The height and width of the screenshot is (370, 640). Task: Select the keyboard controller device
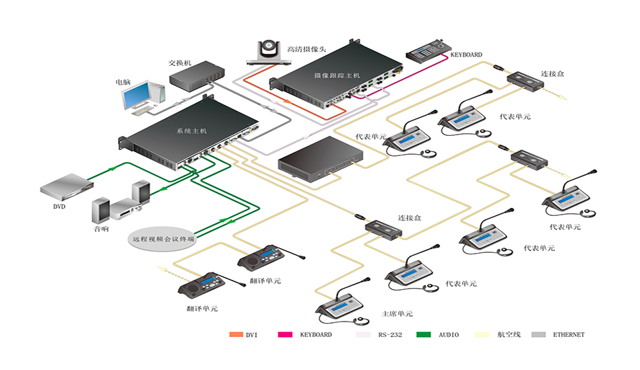click(x=426, y=50)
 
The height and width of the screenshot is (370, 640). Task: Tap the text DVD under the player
click(x=59, y=207)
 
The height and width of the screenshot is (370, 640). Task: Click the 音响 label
click(x=101, y=229)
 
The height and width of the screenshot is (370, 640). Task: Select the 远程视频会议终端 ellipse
click(x=163, y=238)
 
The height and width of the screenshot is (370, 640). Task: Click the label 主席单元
click(x=397, y=314)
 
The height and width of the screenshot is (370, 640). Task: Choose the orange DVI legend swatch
click(x=235, y=334)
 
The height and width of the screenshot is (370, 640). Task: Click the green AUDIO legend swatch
click(x=423, y=334)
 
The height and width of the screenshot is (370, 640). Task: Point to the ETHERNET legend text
click(x=569, y=334)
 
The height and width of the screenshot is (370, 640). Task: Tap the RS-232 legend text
click(x=390, y=334)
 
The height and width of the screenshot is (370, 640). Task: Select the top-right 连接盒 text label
click(x=553, y=73)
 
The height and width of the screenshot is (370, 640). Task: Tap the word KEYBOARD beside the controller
click(x=466, y=54)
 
